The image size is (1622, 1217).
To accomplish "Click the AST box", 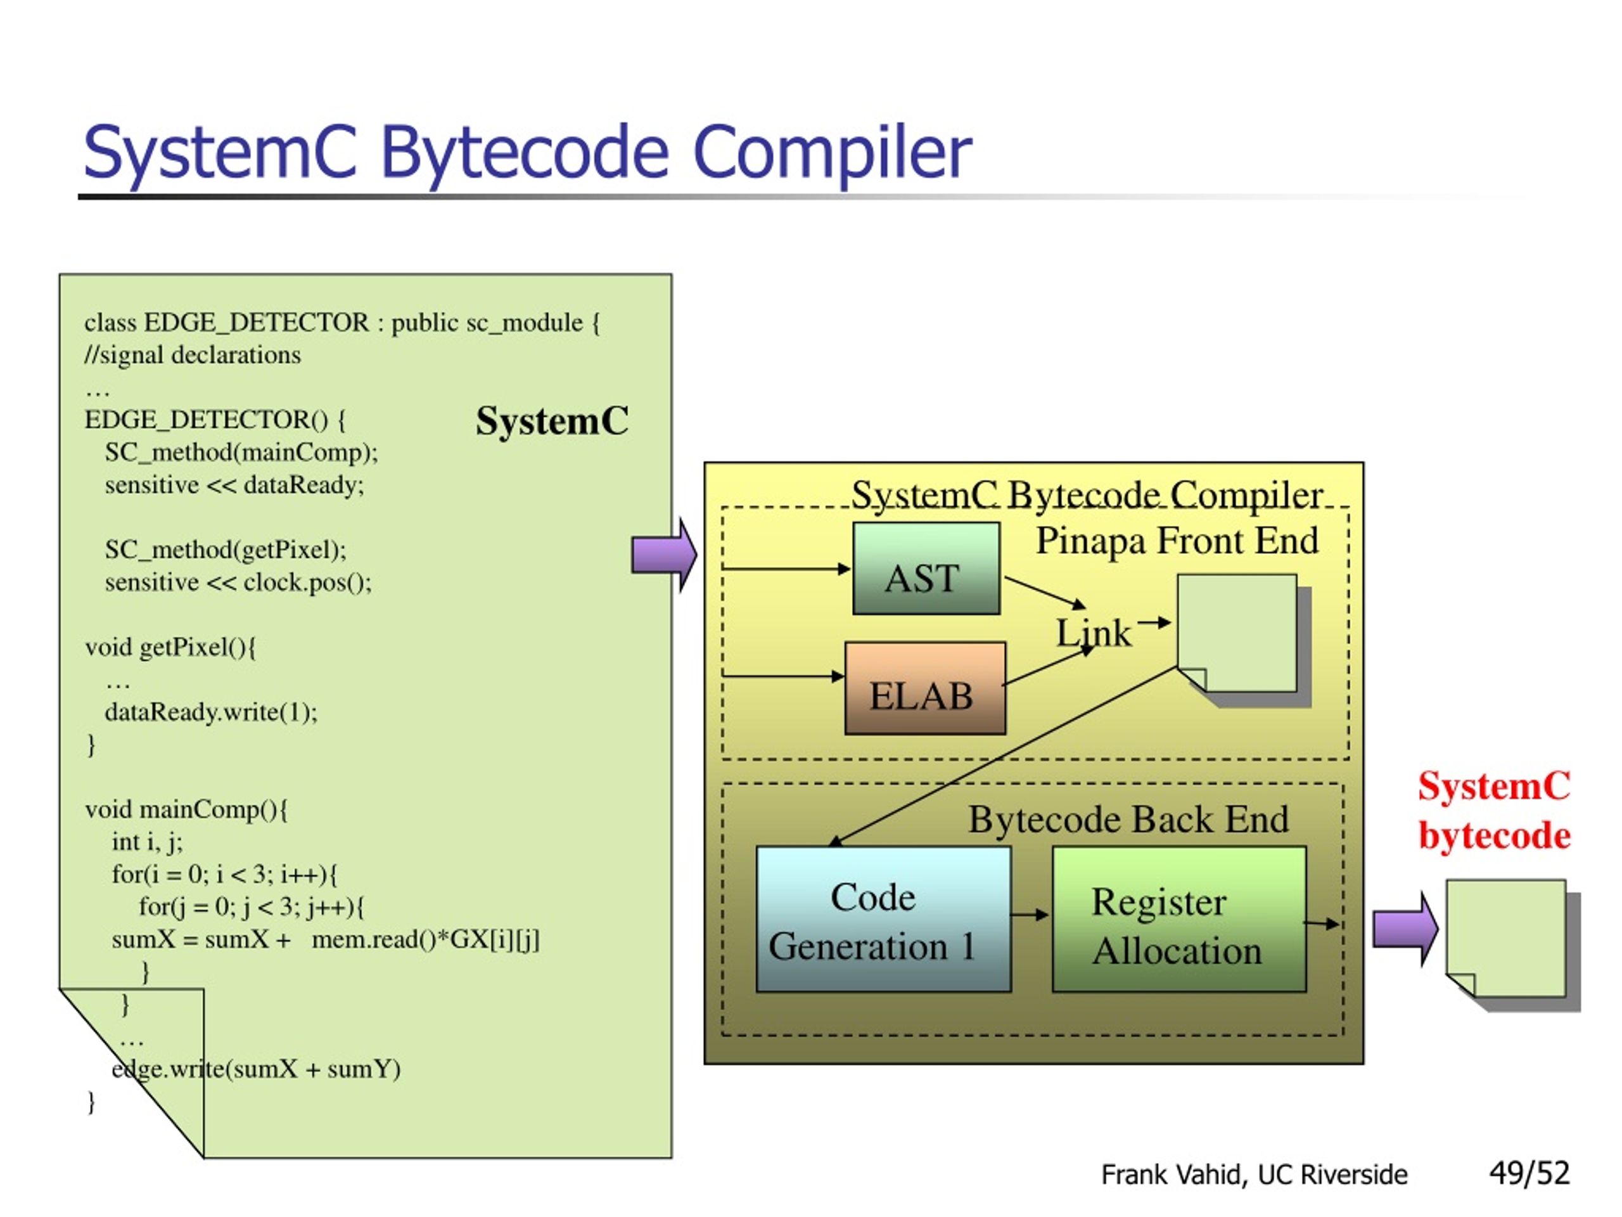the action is point(926,569).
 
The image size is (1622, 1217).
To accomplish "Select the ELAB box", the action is point(926,688).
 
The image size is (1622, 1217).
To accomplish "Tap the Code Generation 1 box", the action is point(884,919).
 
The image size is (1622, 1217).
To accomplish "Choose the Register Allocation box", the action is point(1179,919).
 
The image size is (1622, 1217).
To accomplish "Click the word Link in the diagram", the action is point(1094,633).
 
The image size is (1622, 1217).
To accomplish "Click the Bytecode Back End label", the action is point(1128,820).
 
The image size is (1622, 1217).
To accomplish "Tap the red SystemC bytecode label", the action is point(1493,811).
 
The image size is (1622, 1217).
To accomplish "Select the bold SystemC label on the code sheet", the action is point(552,421).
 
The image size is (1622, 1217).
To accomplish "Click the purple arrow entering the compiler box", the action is point(665,555).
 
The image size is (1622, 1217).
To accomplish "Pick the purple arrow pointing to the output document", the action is point(1405,929).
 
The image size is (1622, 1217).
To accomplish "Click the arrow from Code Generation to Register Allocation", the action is point(1030,915).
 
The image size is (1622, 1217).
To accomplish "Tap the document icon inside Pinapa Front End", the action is point(1244,640).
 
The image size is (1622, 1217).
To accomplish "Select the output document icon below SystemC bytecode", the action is point(1513,945).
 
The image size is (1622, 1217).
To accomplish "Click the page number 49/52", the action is point(1529,1173).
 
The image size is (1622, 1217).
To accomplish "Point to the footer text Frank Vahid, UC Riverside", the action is point(1254,1175).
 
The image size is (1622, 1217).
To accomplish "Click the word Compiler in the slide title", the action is point(831,153).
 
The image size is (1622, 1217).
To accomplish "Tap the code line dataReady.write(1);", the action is point(211,712).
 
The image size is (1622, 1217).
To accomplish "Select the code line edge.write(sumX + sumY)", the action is point(256,1069).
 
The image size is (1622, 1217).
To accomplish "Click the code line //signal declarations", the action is point(192,355).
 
